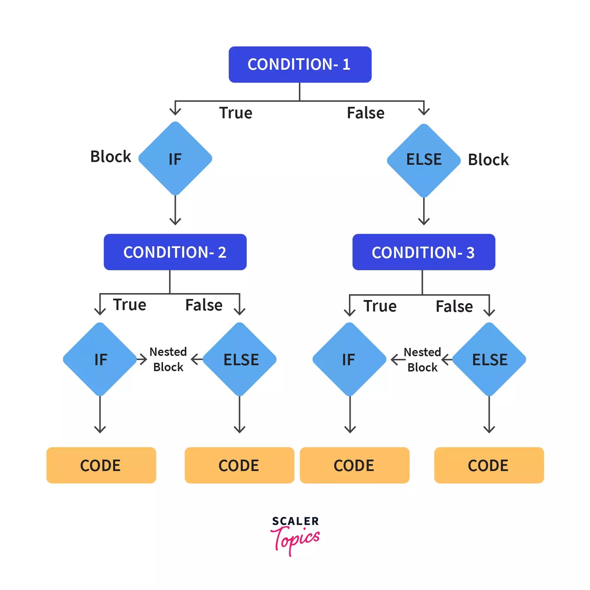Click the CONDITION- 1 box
point(300,65)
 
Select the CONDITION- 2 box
point(175,252)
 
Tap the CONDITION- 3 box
point(424,252)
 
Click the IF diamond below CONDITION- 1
point(175,159)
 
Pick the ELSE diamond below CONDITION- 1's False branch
point(424,160)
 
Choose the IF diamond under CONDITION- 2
point(100,359)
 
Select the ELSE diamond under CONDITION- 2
point(240,359)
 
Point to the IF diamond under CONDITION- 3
point(349,359)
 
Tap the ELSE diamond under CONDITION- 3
point(489,359)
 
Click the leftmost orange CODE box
point(101,465)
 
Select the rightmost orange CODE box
point(489,465)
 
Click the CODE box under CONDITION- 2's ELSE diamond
point(239,465)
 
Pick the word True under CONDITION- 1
point(236,113)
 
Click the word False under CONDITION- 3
point(454,307)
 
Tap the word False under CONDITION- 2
point(204,305)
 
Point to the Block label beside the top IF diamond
point(111,157)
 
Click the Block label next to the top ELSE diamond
point(488,160)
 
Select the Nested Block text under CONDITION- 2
point(168,359)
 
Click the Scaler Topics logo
point(295,536)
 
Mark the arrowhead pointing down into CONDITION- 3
point(424,221)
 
